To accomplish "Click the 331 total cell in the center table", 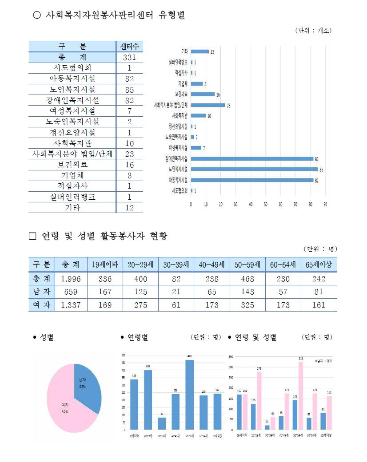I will pos(129,57).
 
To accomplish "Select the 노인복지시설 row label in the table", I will pos(72,89).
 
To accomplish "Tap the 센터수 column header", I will pos(129,46).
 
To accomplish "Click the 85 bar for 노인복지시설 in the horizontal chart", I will pos(254,169).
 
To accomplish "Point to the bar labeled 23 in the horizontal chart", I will pos(208,105).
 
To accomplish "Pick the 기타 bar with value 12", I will pos(199,51).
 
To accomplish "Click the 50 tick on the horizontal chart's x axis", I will pos(266,205).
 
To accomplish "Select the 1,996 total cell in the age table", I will pos(70,279).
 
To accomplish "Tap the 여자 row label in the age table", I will pos(41,305).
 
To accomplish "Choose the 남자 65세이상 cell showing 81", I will pos(319,292).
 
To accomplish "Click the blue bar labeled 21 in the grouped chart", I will pos(267,427).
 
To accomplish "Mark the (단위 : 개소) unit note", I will pos(313,31).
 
